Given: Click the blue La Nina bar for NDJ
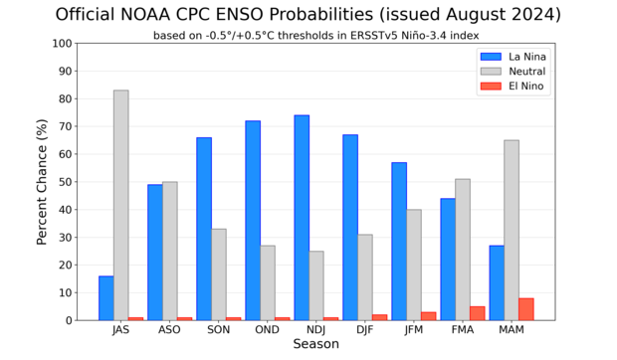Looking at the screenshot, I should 302,218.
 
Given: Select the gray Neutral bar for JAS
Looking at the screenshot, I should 120,205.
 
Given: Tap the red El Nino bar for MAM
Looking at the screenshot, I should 526,309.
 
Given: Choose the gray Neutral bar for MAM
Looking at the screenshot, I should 512,230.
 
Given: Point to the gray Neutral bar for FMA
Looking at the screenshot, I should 463,250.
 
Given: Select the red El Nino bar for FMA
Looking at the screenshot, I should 478,313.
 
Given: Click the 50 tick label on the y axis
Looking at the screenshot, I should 66,182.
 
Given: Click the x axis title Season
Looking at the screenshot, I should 315,345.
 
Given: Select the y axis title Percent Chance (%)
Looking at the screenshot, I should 42,182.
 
